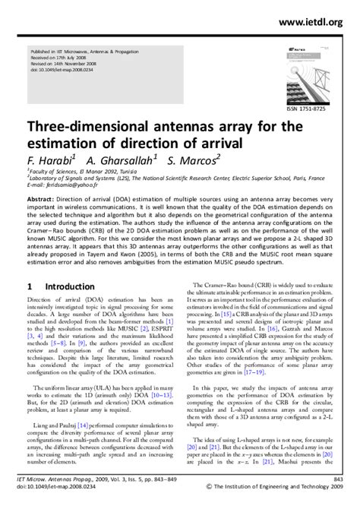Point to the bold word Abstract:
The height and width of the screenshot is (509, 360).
coord(45,197)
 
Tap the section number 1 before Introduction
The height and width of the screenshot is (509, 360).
coord(29,309)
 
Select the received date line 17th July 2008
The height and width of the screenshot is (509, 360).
coord(56,55)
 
